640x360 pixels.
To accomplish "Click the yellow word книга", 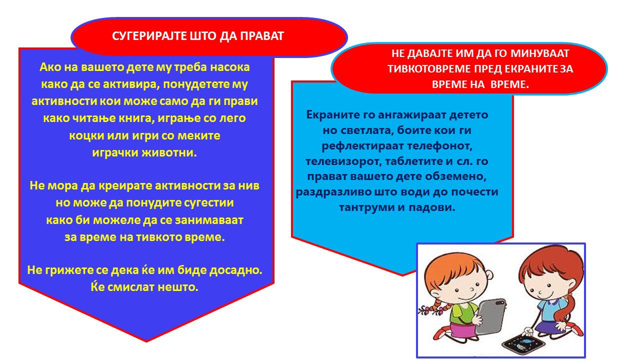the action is pos(137,118).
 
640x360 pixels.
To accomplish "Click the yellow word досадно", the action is pos(235,270).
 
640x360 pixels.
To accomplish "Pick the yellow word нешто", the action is pos(178,287).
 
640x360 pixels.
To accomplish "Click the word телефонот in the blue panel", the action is pos(439,146).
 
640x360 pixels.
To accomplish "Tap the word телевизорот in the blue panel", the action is pos(343,161).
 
